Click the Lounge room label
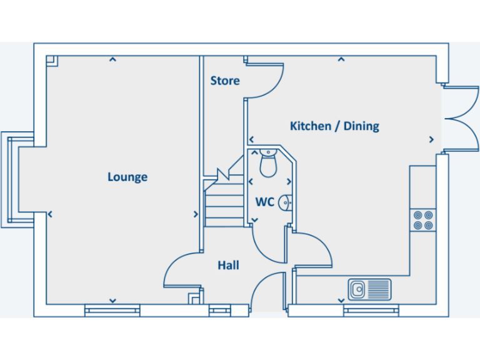127,177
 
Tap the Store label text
224,81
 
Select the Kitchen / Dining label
334,126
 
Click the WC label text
264,202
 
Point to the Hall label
228,266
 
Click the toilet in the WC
268,164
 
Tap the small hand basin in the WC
285,202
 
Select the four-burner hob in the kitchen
422,220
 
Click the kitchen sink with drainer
369,289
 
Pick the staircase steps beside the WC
224,203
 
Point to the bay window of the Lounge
12,179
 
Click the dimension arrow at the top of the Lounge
112,60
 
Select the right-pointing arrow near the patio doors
431,139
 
